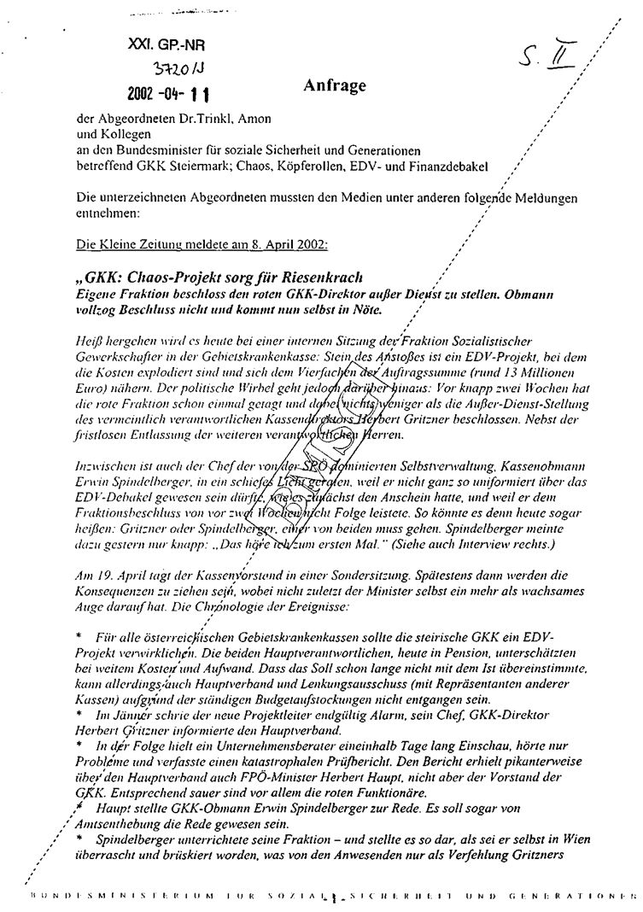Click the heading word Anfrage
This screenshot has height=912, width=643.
coord(335,86)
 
